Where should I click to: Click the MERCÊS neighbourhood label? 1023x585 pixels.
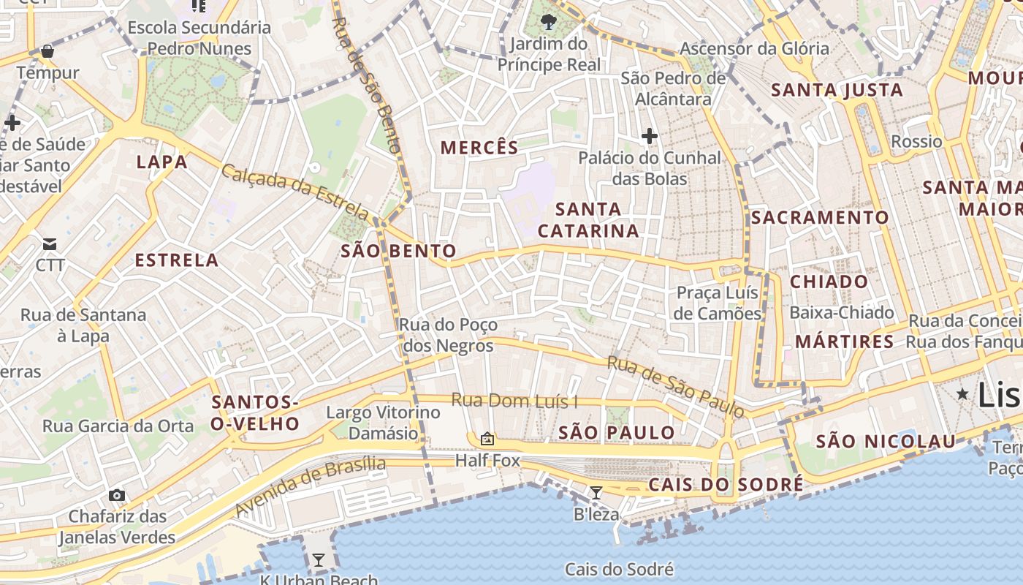[479, 148]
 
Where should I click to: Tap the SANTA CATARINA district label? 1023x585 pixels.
[588, 220]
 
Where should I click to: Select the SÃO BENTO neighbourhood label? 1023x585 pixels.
[398, 252]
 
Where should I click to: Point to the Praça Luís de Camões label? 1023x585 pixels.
[718, 303]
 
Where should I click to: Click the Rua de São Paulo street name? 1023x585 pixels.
[675, 387]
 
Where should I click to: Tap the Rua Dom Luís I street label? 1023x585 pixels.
[514, 401]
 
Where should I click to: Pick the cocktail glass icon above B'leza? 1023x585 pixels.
[596, 493]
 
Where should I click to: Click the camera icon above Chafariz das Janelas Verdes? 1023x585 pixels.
[117, 495]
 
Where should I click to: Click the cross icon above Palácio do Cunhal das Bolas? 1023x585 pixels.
[649, 135]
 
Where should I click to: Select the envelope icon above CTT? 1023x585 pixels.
[50, 244]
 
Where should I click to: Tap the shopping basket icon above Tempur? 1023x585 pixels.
[47, 51]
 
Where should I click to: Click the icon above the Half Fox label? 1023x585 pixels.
[487, 439]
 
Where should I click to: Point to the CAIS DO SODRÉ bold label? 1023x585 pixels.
[726, 485]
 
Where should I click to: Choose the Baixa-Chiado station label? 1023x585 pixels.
[842, 313]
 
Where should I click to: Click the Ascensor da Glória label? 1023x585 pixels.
[755, 49]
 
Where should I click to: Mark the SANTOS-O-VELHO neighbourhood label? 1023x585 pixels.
[255, 412]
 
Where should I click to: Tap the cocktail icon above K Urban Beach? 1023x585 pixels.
[319, 560]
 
